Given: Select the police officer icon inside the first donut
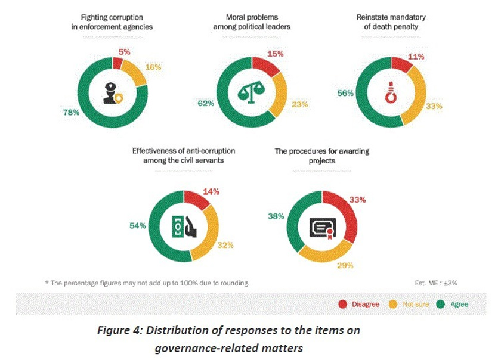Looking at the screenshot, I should coord(113,92).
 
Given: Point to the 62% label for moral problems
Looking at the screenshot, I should coord(206,103).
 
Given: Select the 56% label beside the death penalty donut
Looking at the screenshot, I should coord(346,93).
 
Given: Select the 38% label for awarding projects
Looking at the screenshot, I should coord(277,217).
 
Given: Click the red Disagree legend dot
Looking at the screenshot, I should coord(342,304).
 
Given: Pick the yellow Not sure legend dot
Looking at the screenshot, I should coord(394,304).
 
